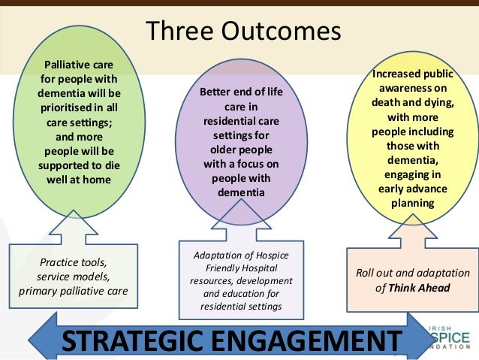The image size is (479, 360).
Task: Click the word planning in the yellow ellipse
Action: tap(412, 203)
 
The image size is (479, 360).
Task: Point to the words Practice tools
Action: tap(72, 262)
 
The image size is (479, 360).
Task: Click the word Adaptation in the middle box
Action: tap(216, 254)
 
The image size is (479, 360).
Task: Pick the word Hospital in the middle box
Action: tap(257, 268)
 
